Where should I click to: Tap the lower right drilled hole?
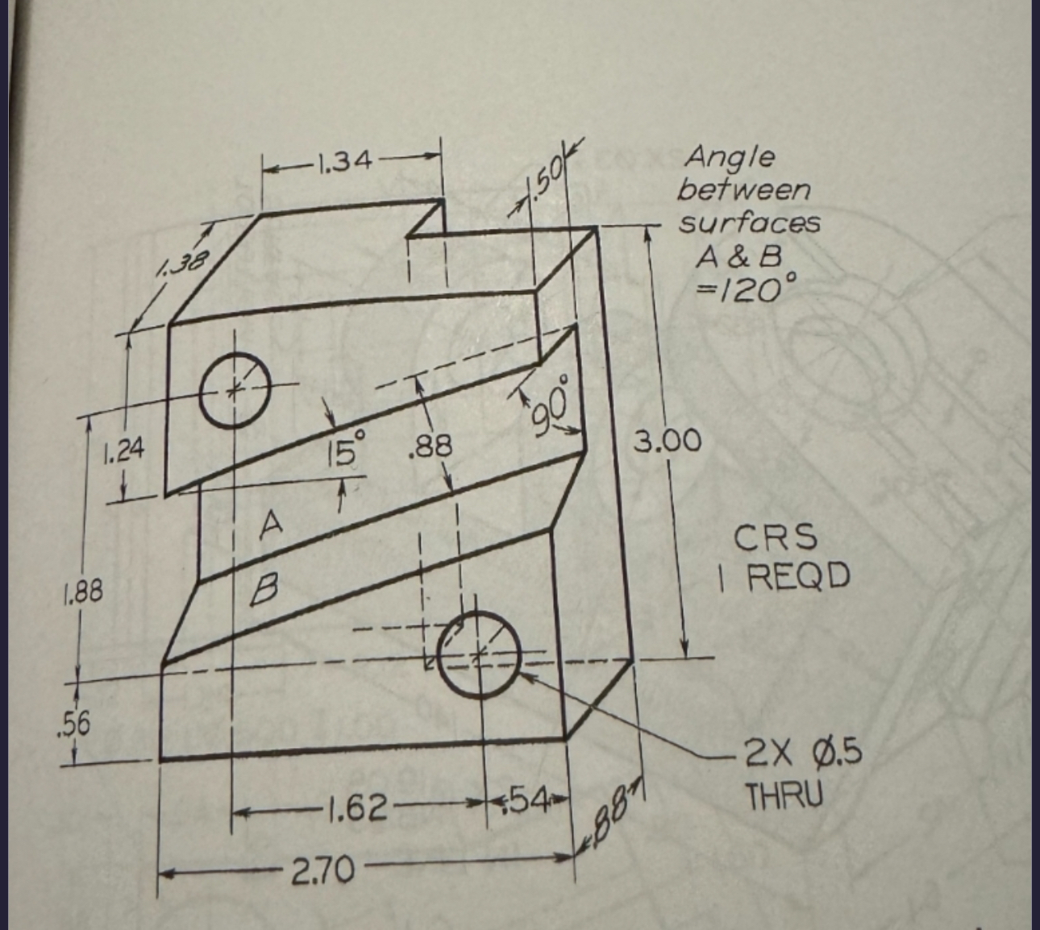(479, 653)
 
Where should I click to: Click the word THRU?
(784, 796)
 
